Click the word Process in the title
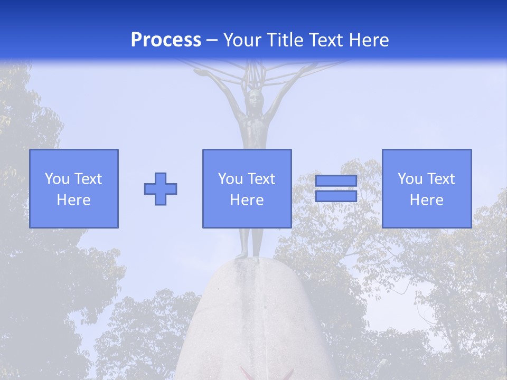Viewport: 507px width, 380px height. (166, 40)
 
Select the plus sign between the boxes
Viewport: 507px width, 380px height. (161, 188)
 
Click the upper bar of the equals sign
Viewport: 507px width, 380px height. (336, 181)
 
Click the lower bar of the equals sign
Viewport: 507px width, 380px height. (336, 196)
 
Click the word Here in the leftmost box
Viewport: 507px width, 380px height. (74, 200)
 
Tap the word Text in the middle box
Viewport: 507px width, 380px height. (261, 179)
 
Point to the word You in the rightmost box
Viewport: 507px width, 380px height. (410, 179)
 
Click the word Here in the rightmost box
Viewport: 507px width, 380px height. (427, 200)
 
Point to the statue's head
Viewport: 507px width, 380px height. (256, 97)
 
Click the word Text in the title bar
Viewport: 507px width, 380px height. (325, 40)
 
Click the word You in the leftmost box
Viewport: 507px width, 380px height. (57, 179)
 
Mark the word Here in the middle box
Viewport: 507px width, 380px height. (247, 200)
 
